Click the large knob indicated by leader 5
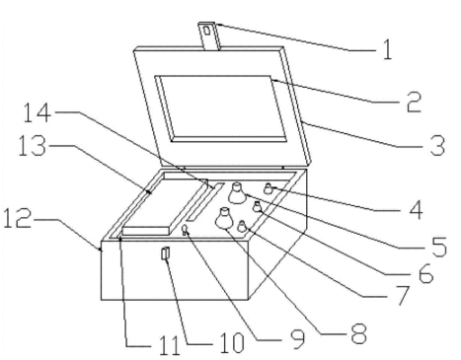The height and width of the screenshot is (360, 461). [238, 193]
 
